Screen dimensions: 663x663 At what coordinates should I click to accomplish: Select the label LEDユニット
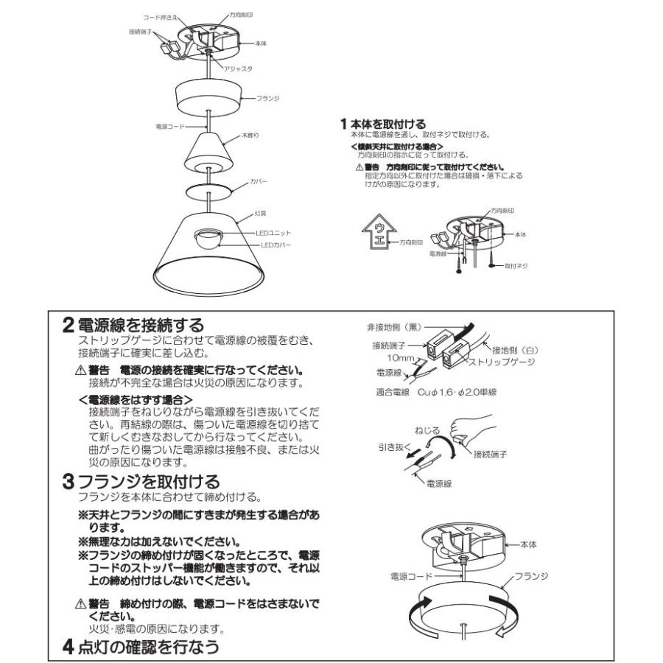click(262, 232)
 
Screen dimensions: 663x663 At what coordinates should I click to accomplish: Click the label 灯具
click(259, 214)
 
